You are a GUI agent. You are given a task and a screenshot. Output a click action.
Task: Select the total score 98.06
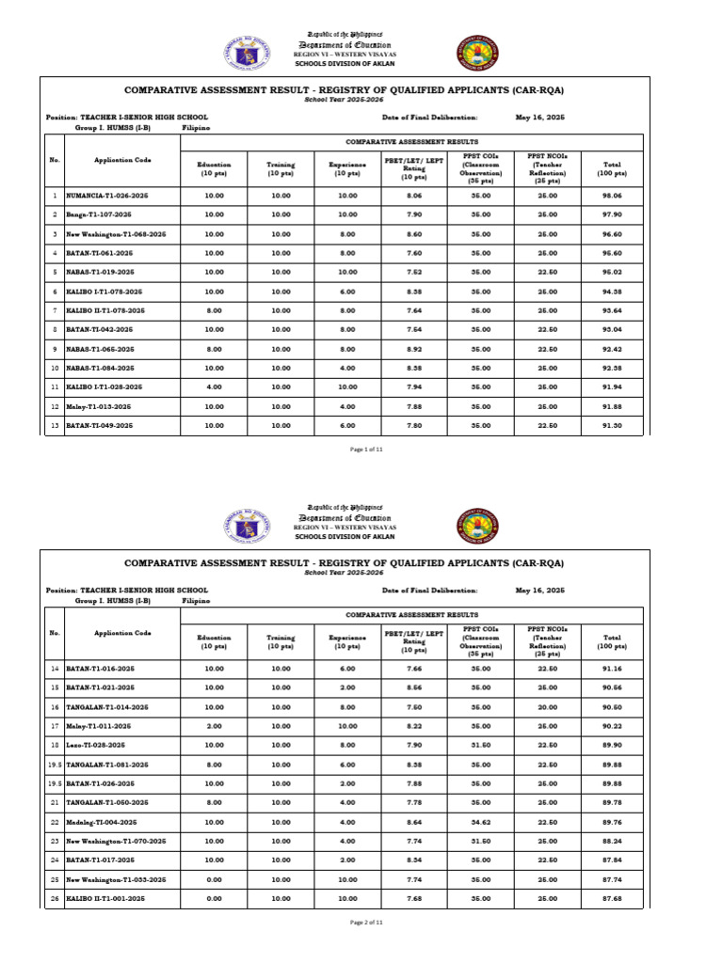point(613,195)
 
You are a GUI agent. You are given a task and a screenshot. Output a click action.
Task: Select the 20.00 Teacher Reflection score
point(547,706)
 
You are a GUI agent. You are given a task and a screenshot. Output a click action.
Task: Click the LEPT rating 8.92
point(413,348)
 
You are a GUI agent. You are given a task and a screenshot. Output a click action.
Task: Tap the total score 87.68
point(613,898)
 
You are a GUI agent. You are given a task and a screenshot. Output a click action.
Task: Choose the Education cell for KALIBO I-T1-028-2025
point(214,387)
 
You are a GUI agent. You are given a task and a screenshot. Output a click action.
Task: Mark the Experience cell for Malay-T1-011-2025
point(346,725)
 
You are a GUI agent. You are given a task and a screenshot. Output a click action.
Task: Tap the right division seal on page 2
point(479,529)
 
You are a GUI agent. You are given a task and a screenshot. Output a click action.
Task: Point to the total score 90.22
point(613,725)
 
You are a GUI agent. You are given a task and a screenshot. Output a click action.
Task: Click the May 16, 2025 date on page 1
point(539,118)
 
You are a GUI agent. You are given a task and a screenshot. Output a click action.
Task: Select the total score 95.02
point(613,272)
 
